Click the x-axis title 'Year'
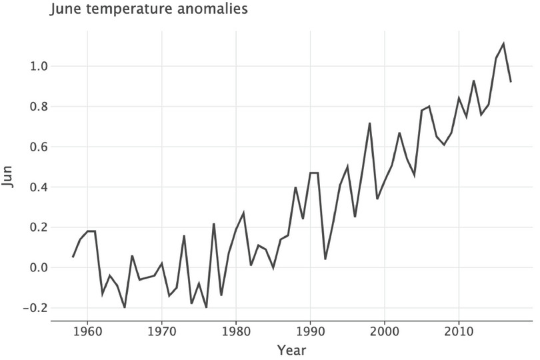292,349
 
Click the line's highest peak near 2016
503,44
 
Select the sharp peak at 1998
369,123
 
